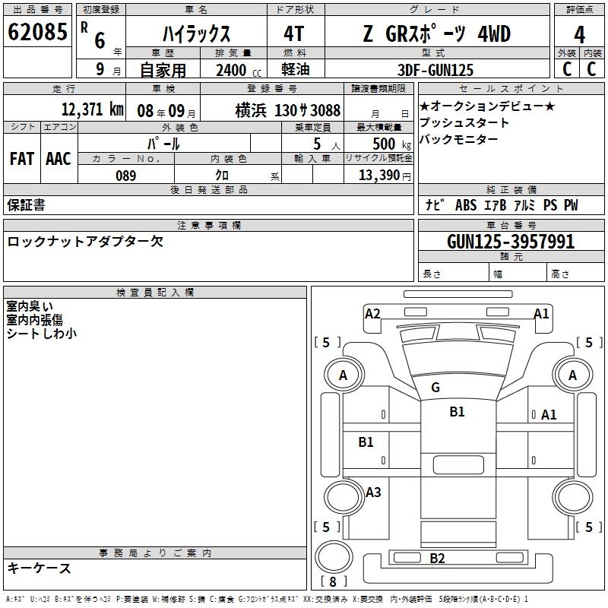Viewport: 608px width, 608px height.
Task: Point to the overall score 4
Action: click(x=580, y=35)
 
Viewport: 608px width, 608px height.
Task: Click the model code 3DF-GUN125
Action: click(x=436, y=70)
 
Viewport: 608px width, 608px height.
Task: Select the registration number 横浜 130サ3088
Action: click(x=287, y=109)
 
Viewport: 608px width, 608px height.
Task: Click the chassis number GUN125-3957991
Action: click(x=511, y=242)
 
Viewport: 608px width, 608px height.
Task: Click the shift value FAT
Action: click(x=22, y=158)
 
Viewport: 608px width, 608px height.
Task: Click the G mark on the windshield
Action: click(x=435, y=388)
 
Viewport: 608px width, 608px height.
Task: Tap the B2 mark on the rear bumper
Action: click(x=437, y=559)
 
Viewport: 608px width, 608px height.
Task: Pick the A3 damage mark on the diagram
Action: click(x=373, y=492)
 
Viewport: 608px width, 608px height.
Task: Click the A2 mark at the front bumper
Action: click(x=372, y=313)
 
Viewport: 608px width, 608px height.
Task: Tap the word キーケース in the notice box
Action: click(x=40, y=568)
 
